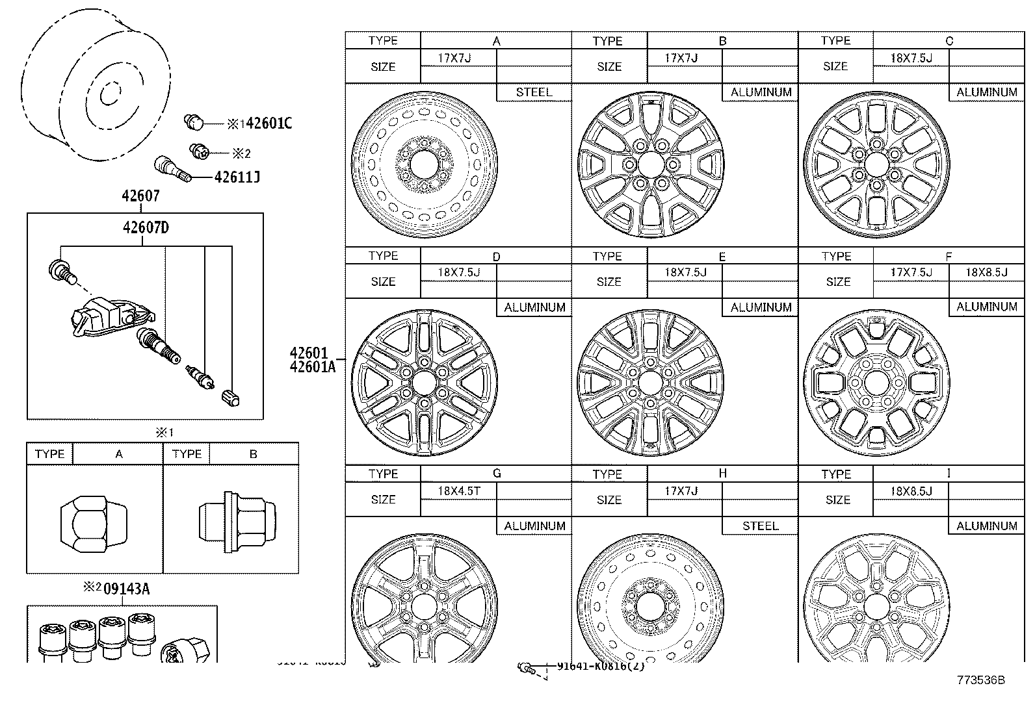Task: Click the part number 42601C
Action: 268,122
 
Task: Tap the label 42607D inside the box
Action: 146,227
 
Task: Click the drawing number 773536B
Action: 980,680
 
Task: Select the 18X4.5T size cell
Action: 459,491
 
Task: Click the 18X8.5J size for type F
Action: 986,273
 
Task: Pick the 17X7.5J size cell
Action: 910,273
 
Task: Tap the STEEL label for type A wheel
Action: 534,92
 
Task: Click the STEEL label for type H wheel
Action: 760,526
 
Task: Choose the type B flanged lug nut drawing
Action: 237,522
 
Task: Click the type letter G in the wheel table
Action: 497,474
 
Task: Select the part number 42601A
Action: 313,367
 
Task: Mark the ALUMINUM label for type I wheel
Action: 986,526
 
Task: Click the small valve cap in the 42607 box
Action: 231,397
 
